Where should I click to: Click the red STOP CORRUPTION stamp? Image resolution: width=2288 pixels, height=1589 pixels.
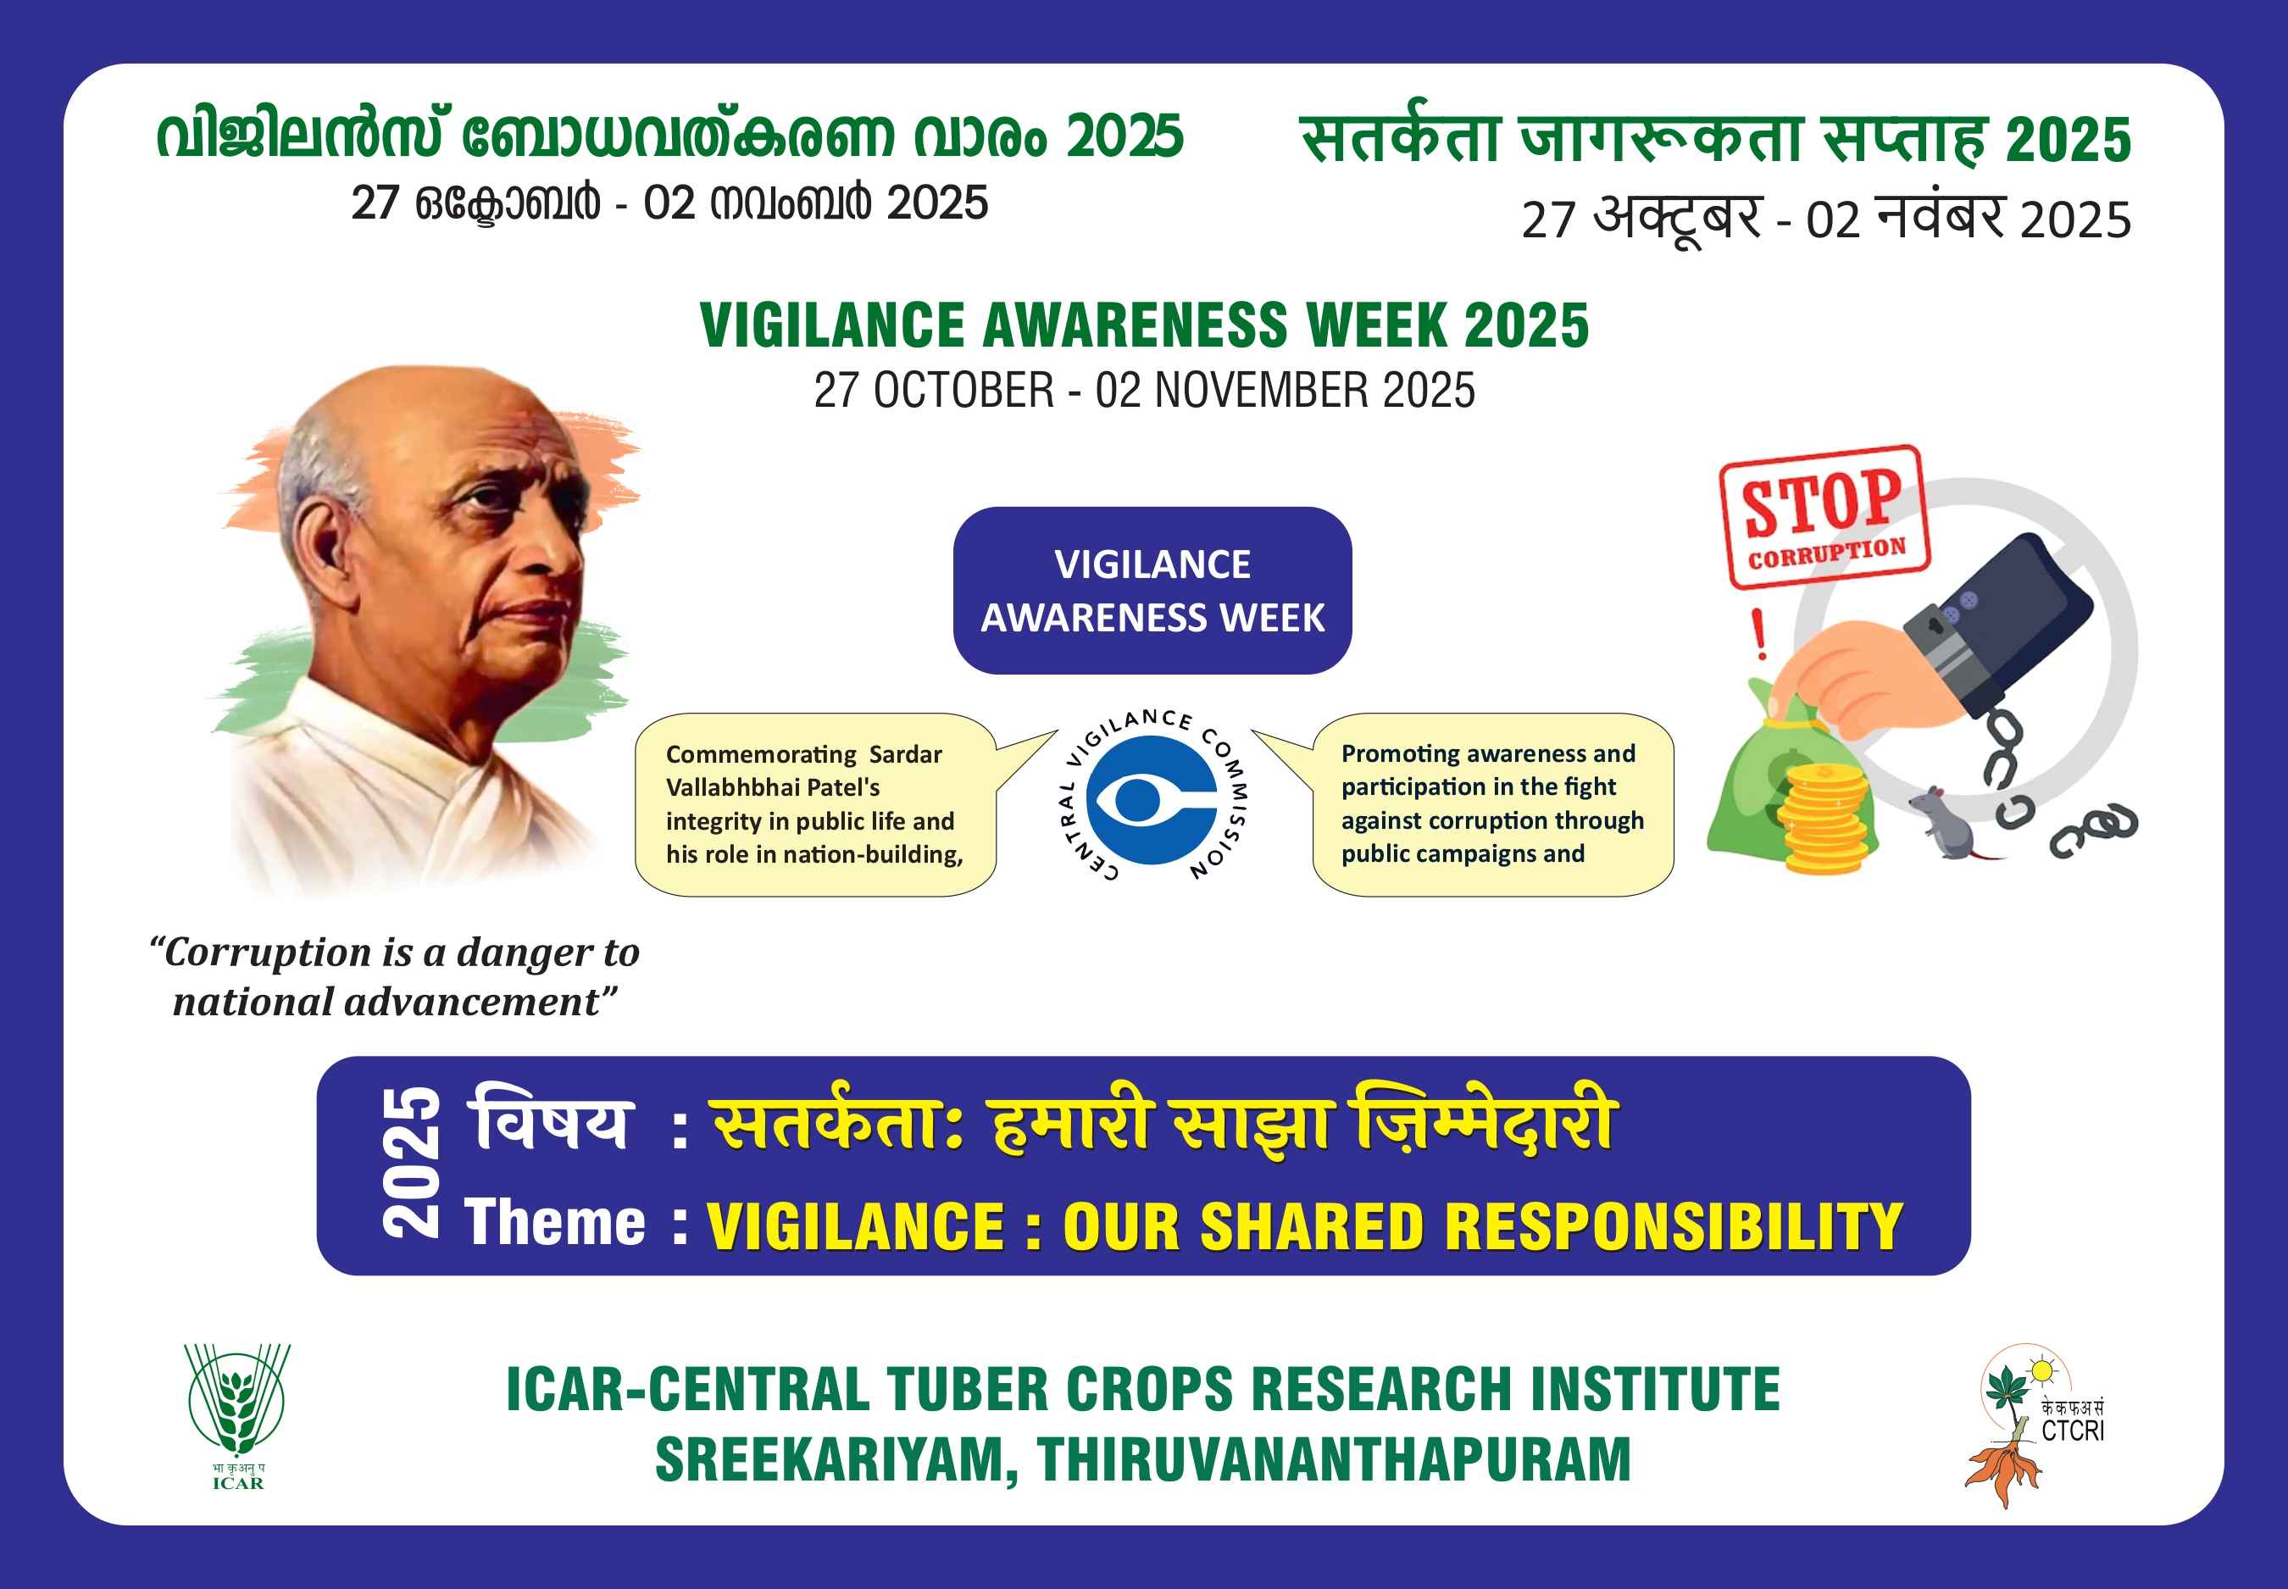pyautogui.click(x=1824, y=517)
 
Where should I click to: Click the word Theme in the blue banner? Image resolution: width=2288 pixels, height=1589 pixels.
pyautogui.click(x=554, y=1223)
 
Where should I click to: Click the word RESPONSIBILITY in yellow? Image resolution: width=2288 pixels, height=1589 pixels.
pyautogui.click(x=1674, y=1225)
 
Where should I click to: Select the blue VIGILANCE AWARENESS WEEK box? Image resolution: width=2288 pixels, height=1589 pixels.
pyautogui.click(x=1152, y=591)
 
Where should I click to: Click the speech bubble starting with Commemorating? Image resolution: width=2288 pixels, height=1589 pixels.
pyautogui.click(x=816, y=804)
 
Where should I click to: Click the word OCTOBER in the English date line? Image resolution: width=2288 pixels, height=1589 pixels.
pyautogui.click(x=963, y=391)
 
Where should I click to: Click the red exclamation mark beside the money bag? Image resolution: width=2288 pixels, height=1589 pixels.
pyautogui.click(x=1759, y=633)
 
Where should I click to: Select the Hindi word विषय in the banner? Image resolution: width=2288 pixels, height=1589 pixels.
pyautogui.click(x=551, y=1121)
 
